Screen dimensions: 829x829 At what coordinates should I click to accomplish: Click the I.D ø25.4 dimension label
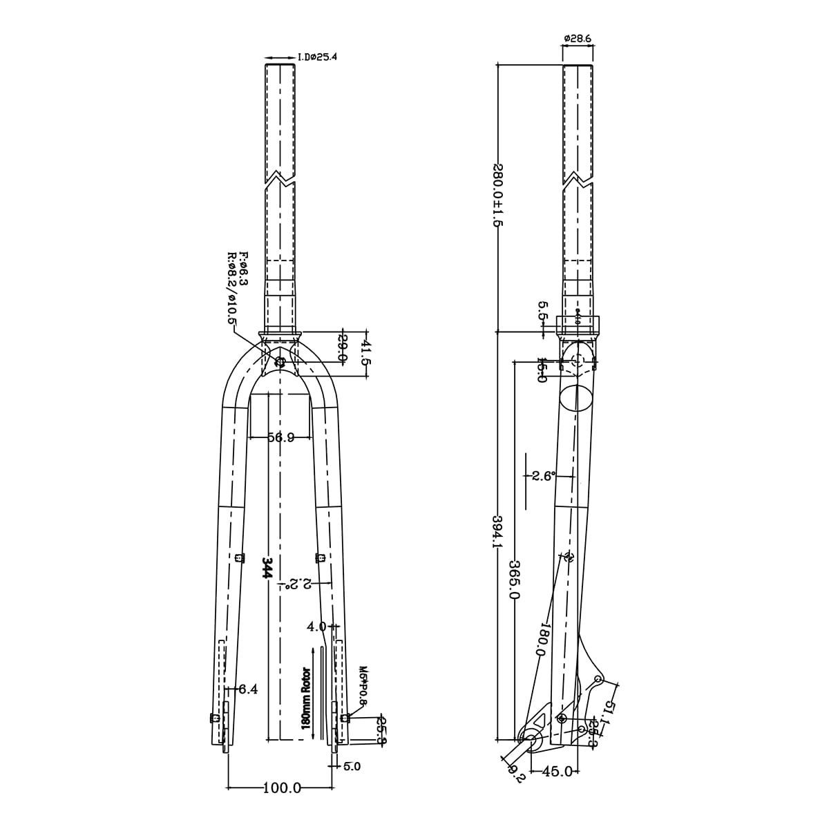pyautogui.click(x=317, y=57)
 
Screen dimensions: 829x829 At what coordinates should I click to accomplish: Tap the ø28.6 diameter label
pyautogui.click(x=577, y=39)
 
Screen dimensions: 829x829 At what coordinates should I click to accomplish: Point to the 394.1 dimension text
pyautogui.click(x=496, y=532)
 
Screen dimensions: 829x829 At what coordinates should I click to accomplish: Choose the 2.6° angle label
pyautogui.click(x=543, y=476)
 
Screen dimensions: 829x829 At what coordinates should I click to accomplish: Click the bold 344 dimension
pyautogui.click(x=267, y=567)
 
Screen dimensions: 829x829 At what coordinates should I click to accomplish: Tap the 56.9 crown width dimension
pyautogui.click(x=280, y=437)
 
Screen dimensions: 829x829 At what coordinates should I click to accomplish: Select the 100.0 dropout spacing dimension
pyautogui.click(x=282, y=788)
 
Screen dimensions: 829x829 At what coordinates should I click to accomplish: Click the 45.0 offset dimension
pyautogui.click(x=558, y=771)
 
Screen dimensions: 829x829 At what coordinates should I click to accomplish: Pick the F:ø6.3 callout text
pyautogui.click(x=243, y=270)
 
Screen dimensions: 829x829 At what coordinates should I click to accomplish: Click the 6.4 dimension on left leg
pyautogui.click(x=247, y=689)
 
